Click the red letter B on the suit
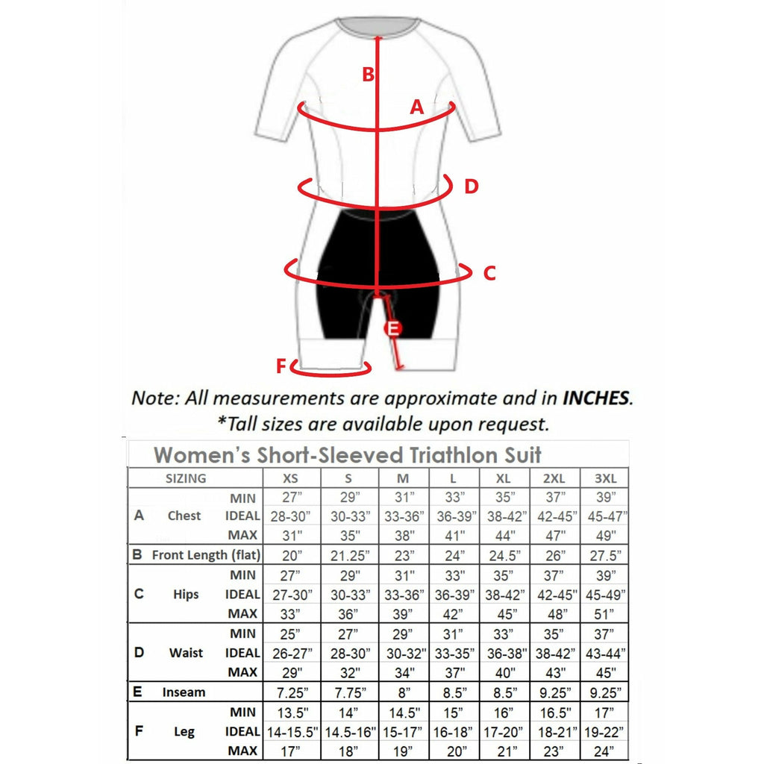tap(368, 75)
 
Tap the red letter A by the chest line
tap(417, 107)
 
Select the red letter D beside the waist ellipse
tap(471, 186)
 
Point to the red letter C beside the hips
tap(489, 273)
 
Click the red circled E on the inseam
tap(392, 328)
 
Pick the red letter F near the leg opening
tap(281, 366)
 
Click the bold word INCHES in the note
tap(596, 397)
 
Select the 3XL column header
tap(604, 478)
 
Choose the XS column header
tap(292, 478)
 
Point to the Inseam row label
tap(184, 692)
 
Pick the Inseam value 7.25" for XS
tap(292, 692)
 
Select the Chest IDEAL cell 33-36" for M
tap(403, 516)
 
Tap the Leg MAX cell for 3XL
tap(604, 750)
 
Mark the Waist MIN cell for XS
tap(292, 633)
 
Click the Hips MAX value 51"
tap(604, 613)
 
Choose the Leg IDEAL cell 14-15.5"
tap(292, 731)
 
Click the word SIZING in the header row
tap(186, 478)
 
